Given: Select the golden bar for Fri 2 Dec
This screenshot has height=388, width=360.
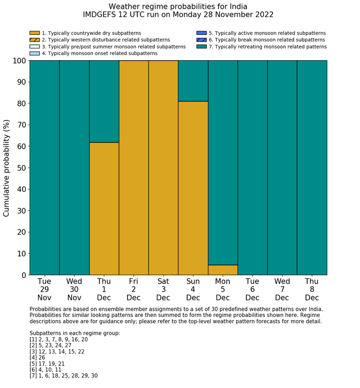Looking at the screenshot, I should [134, 168].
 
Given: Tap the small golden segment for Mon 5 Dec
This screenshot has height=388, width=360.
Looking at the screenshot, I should [223, 270].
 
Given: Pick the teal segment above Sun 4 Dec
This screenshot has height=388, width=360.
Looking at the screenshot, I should [193, 81].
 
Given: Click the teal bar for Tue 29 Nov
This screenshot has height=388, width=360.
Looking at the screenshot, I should [44, 168].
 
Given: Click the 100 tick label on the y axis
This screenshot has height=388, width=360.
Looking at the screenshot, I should [19, 61].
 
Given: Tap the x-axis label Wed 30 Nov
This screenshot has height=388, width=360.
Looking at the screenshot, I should [74, 289].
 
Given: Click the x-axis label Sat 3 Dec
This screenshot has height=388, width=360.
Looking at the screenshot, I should [163, 289].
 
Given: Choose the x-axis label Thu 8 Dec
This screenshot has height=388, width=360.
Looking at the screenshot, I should [312, 289].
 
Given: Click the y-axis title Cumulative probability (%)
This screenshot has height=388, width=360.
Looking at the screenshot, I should [7, 168].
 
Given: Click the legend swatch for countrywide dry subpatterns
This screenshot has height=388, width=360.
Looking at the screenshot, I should [34, 33].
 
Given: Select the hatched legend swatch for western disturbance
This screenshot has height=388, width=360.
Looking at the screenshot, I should [34, 40].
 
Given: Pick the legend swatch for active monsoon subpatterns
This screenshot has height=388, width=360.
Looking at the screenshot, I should [201, 33].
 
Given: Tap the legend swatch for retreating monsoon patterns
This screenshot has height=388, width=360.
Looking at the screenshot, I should [201, 46].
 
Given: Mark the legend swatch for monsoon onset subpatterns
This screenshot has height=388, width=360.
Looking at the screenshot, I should [34, 53].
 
